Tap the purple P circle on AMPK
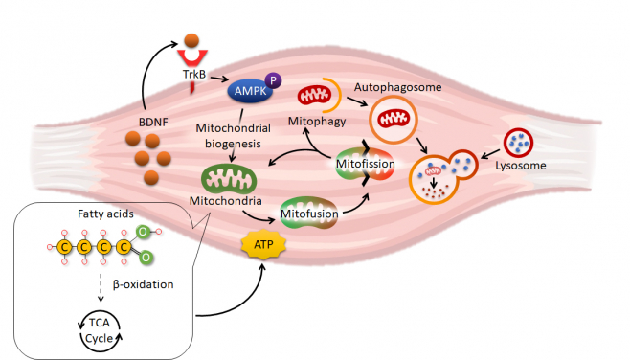coord(276,81)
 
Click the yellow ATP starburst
coord(261,248)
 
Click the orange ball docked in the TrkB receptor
coord(191,42)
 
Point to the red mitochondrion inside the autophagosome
coord(394,117)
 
